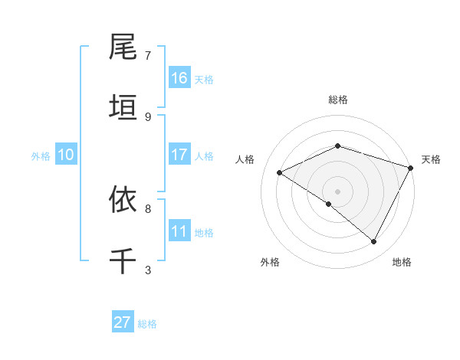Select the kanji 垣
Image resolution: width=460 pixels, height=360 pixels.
[123, 108]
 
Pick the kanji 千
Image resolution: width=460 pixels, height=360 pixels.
[123, 260]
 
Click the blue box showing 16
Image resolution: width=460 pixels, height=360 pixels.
[179, 78]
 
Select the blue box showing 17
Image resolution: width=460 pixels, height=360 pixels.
[179, 155]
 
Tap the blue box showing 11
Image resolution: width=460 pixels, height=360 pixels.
[179, 231]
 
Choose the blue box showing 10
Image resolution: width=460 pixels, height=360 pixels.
[66, 155]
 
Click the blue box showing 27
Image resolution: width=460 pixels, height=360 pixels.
[123, 322]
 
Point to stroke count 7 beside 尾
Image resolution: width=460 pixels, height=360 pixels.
[148, 56]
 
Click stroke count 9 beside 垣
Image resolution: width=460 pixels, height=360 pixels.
[148, 116]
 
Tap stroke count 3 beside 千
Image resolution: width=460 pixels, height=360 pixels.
[148, 270]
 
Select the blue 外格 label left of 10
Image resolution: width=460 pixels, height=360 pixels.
[41, 156]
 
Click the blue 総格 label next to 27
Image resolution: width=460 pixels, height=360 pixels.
[147, 324]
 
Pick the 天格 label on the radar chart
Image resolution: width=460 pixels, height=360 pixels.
[431, 159]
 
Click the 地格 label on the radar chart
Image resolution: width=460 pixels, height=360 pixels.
[402, 263]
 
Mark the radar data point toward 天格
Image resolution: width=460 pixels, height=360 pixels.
[412, 167]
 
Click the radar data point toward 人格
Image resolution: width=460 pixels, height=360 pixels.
[280, 173]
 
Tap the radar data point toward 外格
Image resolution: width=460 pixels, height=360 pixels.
[329, 204]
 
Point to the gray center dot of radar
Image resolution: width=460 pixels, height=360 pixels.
[337, 191]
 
